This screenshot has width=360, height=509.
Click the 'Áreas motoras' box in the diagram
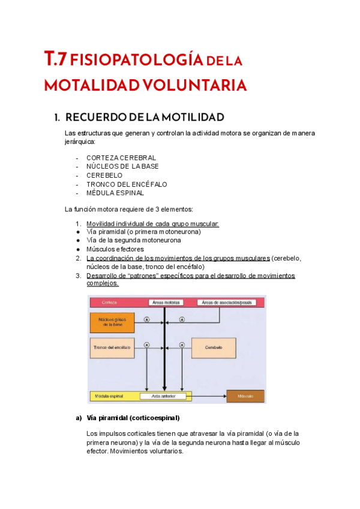click(x=163, y=303)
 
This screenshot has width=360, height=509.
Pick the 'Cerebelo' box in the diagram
click(x=214, y=348)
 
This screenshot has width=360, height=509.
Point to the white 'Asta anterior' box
click(x=163, y=396)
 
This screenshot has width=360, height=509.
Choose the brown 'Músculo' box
click(x=245, y=396)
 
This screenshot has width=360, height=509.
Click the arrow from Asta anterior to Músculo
click(x=208, y=396)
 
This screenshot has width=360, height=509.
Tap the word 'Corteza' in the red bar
click(x=110, y=303)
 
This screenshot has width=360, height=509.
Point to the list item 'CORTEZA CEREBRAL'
click(x=121, y=157)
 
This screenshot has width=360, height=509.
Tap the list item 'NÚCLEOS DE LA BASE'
click(x=122, y=166)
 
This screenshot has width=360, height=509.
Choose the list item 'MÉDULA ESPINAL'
click(x=115, y=193)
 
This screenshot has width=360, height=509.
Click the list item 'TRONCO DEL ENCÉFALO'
click(x=127, y=184)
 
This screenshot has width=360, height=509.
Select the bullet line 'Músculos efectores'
click(x=115, y=249)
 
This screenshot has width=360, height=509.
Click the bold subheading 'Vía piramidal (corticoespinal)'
click(x=133, y=418)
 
